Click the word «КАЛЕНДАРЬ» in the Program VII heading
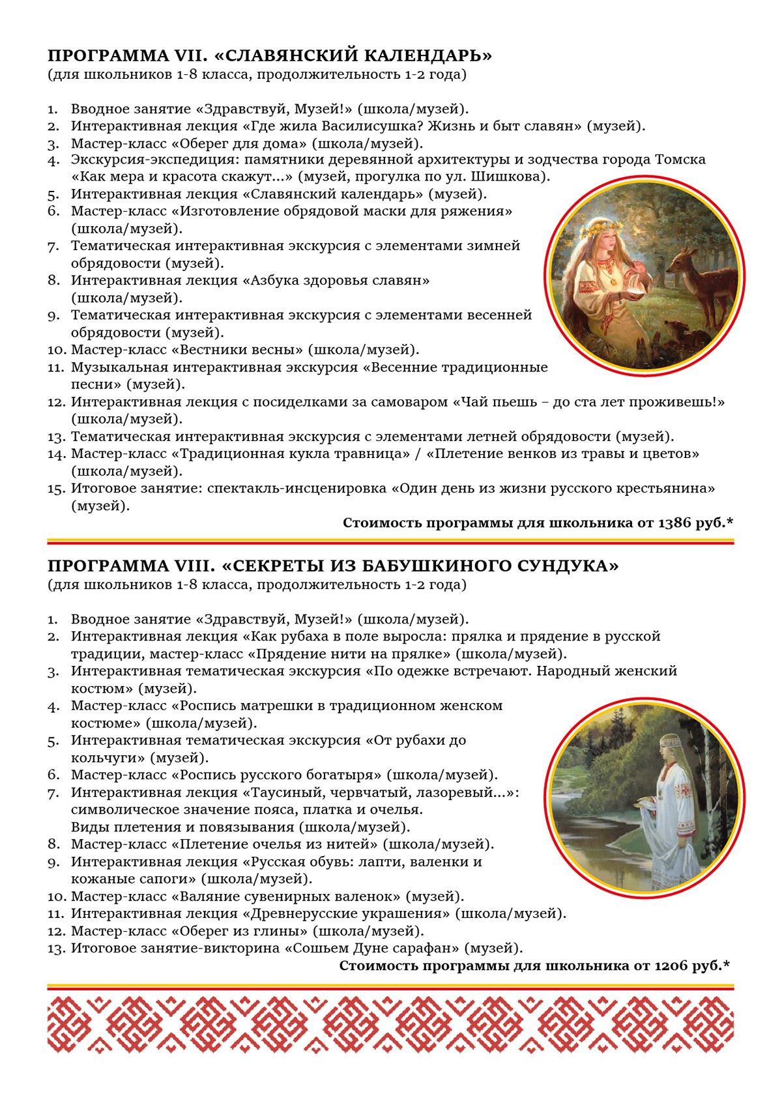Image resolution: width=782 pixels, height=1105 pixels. pos(422,55)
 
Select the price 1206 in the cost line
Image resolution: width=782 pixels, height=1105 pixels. pos(671,966)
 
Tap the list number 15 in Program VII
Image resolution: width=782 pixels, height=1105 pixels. pos(56,489)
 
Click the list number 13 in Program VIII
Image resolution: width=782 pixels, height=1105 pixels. pos(56,949)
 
